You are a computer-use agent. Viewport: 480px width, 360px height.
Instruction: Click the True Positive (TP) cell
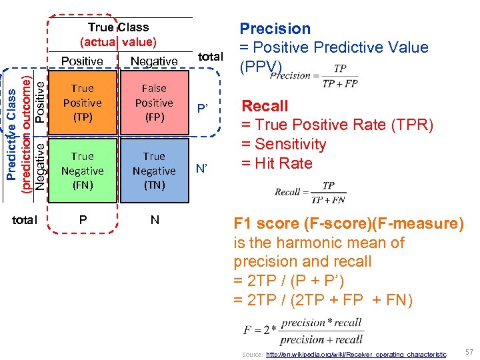82,103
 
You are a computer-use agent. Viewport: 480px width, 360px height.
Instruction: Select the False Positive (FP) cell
154,103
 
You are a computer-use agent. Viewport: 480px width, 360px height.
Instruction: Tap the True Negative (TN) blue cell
154,171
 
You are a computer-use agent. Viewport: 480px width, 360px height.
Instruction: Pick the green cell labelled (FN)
82,171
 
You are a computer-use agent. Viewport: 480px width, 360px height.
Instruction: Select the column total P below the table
82,220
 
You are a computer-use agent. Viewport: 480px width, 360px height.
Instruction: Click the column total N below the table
155,220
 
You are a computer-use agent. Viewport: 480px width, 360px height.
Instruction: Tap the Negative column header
154,61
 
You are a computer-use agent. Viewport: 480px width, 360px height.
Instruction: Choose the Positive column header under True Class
82,61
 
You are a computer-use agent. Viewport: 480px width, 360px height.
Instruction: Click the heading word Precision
275,29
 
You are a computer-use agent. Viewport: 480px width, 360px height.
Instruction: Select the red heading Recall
265,106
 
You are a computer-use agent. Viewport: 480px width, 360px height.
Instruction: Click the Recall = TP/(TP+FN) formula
310,193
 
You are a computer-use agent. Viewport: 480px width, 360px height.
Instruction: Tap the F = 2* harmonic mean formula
303,330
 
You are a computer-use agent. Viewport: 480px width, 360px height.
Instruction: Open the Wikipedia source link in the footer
356,355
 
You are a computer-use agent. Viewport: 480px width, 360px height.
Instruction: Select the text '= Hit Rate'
277,163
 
